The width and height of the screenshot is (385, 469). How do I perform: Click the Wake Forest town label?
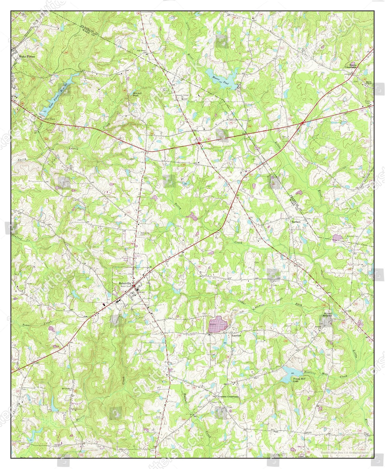[x=26, y=57]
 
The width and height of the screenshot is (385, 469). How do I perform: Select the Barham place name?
[x=296, y=222]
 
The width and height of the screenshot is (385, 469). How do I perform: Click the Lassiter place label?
[x=236, y=335]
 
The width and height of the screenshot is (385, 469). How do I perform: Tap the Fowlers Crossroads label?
[x=228, y=396]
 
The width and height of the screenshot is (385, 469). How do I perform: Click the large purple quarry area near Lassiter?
[x=218, y=324]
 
